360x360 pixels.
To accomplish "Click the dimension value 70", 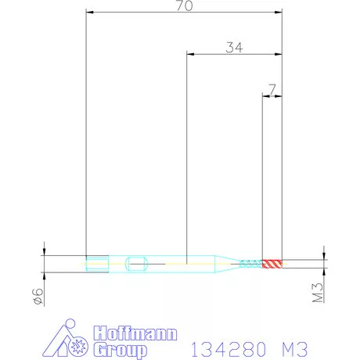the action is [185, 5].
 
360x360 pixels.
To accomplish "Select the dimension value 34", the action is [234, 48].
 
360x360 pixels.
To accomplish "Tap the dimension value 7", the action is [272, 89].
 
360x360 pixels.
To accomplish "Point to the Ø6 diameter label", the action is [38, 296].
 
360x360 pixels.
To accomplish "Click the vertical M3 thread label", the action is [318, 293].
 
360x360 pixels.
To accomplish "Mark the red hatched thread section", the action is [272, 264].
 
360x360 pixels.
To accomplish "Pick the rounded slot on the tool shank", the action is [137, 264].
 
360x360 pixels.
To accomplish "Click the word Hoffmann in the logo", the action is [135, 333].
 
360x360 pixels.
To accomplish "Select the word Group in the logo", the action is [121, 350].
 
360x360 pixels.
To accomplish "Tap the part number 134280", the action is [229, 349].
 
